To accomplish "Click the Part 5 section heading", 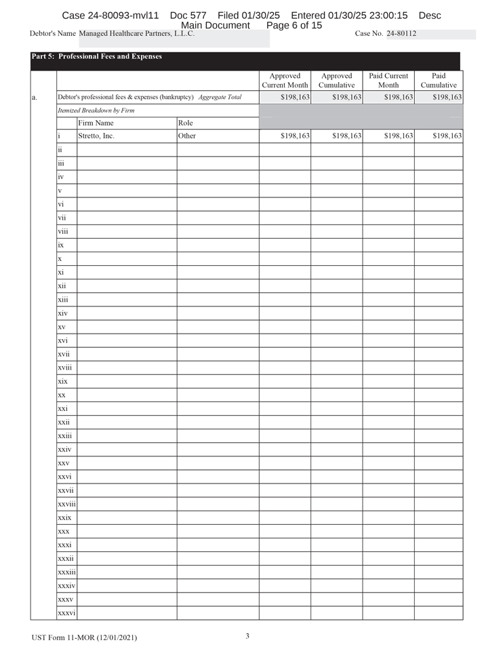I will (x=96, y=57).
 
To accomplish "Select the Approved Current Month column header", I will (x=285, y=81).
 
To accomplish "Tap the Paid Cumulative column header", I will (x=439, y=81).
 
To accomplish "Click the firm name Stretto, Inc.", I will (x=96, y=136).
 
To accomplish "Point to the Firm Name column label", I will (x=96, y=123).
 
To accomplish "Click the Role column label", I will (x=185, y=123).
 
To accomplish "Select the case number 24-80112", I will (x=401, y=33).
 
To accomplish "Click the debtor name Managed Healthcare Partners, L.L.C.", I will (x=136, y=33).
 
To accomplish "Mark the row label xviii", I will (x=65, y=368).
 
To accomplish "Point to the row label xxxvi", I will (x=66, y=613).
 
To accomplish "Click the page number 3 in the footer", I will (x=247, y=636).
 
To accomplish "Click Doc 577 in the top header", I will (x=188, y=15).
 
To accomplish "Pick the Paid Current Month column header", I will (x=388, y=81).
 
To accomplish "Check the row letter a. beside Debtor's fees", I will (x=34, y=98).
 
